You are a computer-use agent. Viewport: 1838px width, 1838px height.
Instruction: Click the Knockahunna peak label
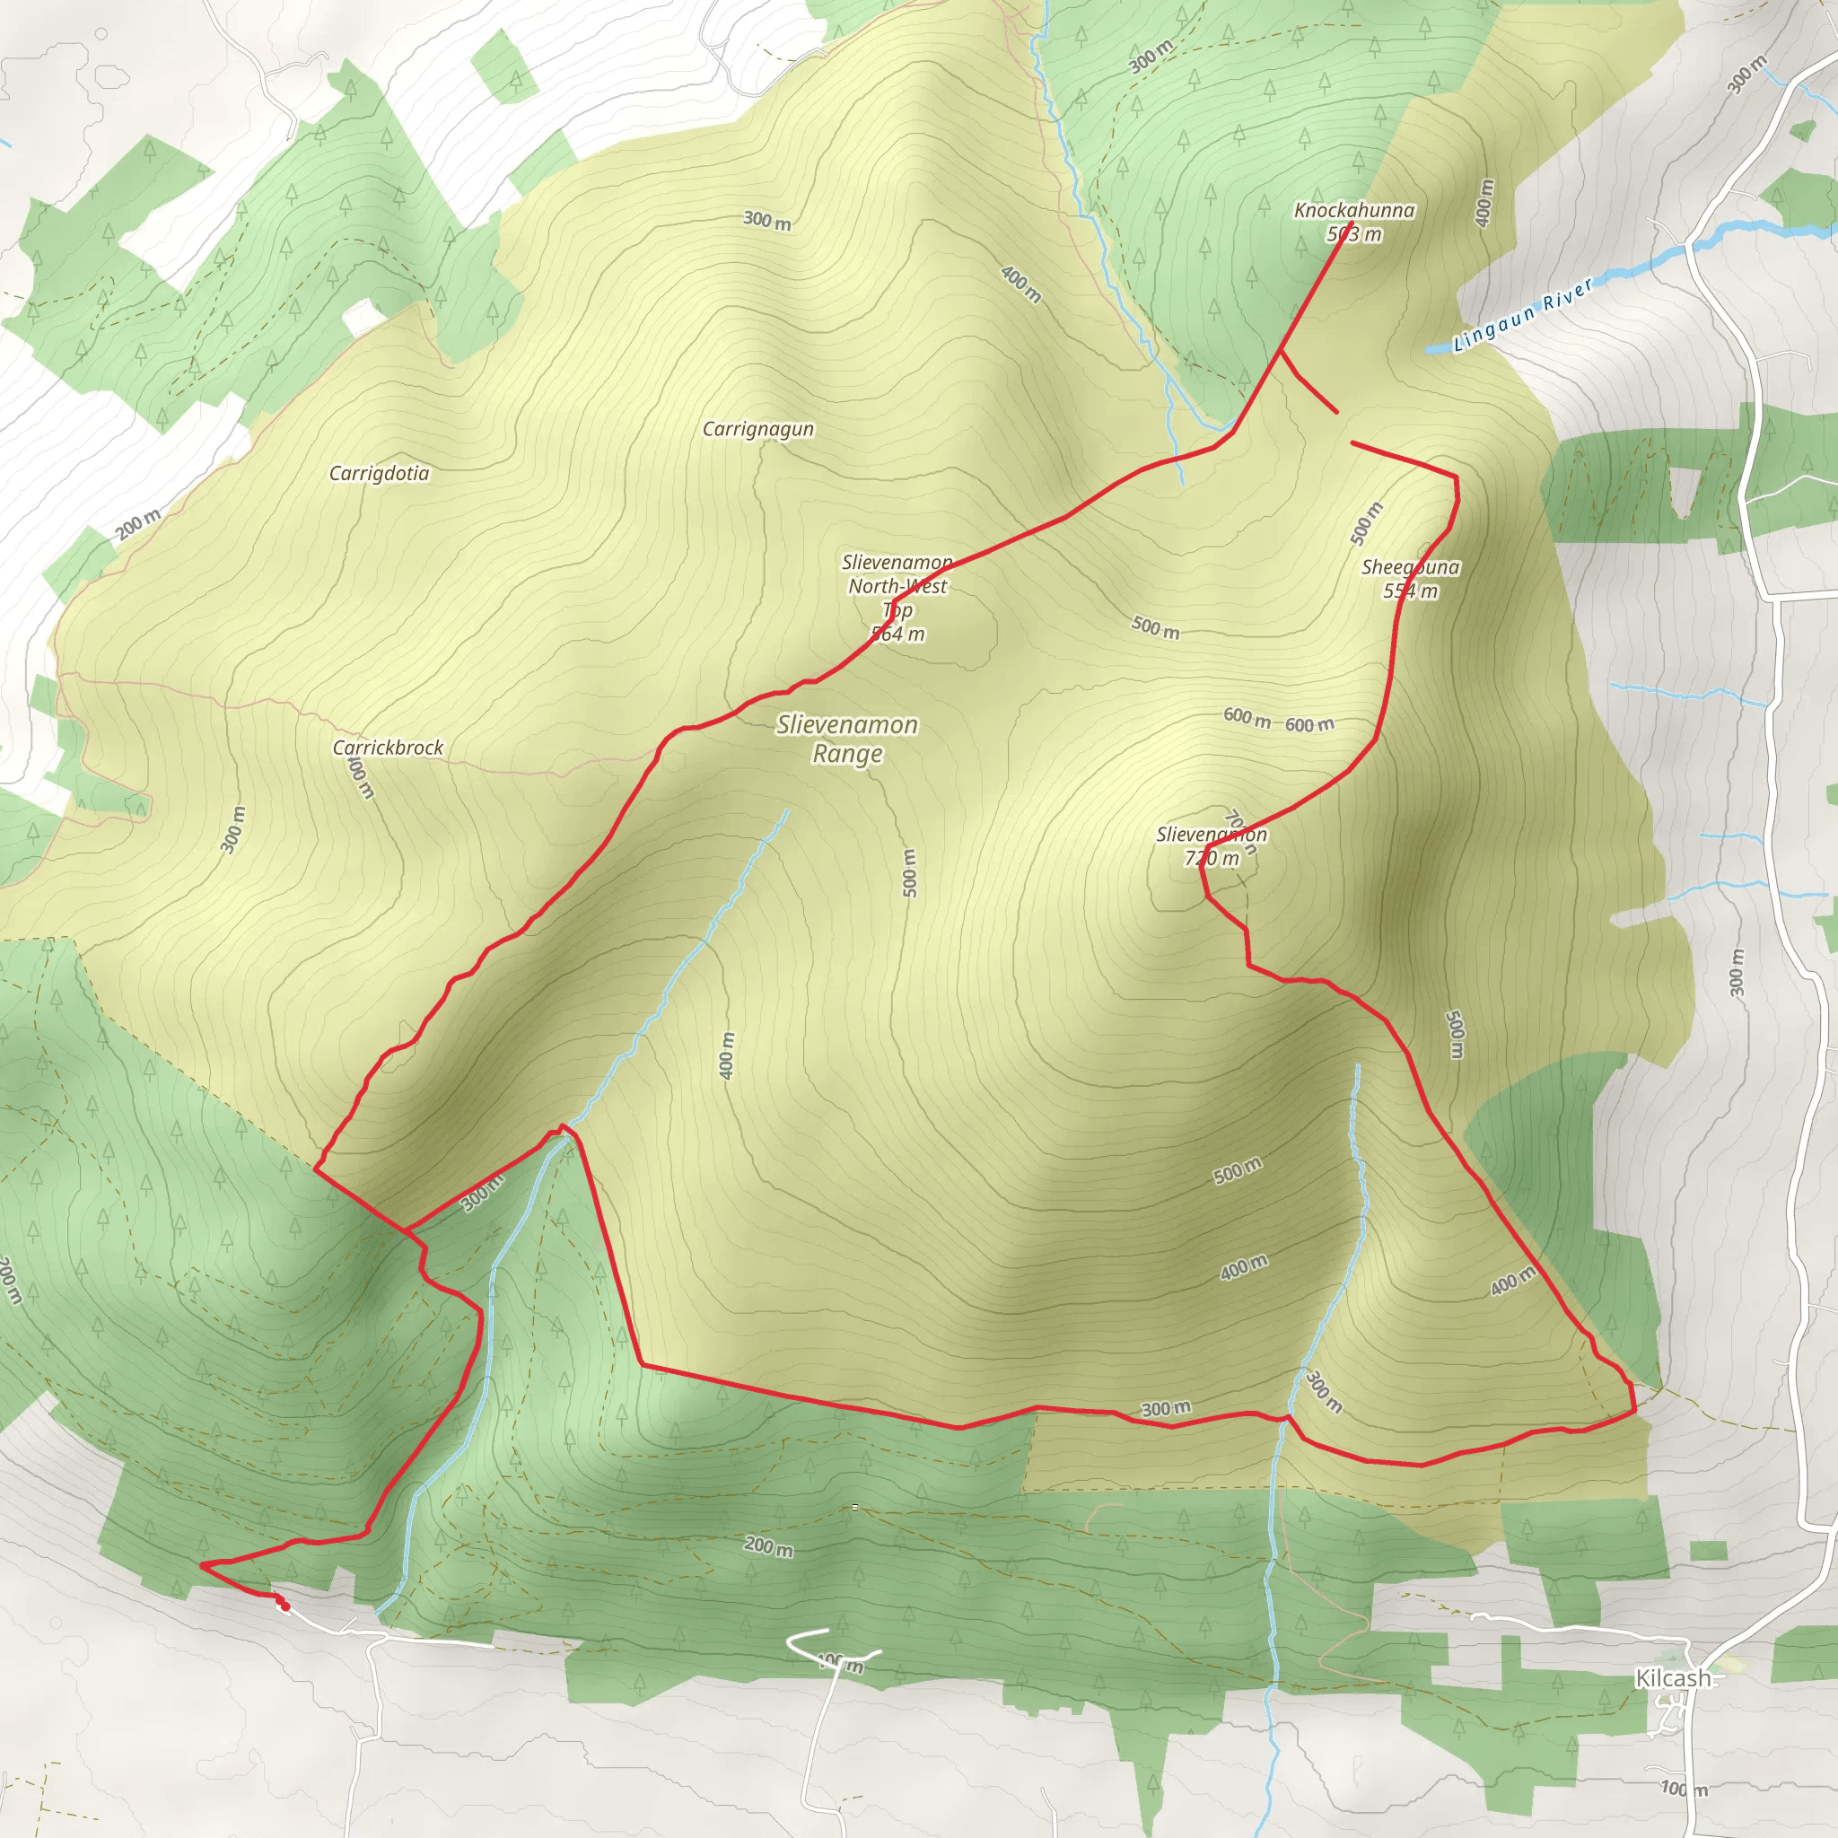[x=1353, y=210]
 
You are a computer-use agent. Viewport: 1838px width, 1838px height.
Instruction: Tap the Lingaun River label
[x=1522, y=314]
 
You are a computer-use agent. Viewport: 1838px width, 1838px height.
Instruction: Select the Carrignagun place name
[x=758, y=429]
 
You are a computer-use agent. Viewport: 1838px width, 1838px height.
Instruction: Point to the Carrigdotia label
[x=379, y=474]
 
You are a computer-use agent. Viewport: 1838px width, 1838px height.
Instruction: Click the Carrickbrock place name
[x=387, y=748]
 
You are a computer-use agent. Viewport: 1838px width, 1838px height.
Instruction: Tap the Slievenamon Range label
[x=846, y=740]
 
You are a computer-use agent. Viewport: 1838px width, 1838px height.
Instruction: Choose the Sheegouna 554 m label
[x=1410, y=579]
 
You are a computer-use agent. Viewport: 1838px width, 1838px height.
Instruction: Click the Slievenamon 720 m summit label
[x=1211, y=845]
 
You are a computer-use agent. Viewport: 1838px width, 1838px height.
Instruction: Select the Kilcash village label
[x=1673, y=1678]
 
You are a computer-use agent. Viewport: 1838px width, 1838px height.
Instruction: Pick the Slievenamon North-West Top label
[x=897, y=586]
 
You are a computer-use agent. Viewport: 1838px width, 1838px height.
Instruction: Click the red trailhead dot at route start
[x=284, y=1606]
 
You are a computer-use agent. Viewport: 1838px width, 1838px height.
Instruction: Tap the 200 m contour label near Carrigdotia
[x=139, y=523]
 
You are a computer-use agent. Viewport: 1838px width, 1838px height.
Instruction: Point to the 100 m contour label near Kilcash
[x=1684, y=1789]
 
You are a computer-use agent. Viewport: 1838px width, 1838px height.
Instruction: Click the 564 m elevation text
[x=898, y=634]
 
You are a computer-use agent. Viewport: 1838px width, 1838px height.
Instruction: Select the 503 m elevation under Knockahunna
[x=1354, y=234]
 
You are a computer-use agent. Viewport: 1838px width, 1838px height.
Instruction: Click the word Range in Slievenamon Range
[x=846, y=755]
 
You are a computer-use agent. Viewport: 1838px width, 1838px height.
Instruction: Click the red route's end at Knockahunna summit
[x=1352, y=223]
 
